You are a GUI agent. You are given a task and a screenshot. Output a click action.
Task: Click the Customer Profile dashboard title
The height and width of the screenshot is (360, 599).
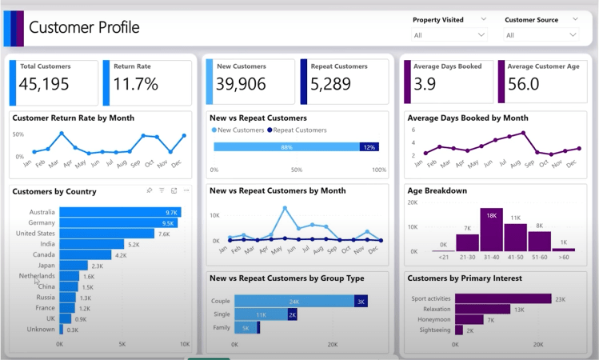pyautogui.click(x=84, y=27)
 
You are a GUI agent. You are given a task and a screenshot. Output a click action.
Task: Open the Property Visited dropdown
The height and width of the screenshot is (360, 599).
pyautogui.click(x=449, y=35)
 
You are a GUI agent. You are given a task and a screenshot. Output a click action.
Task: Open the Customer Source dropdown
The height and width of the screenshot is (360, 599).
pyautogui.click(x=541, y=35)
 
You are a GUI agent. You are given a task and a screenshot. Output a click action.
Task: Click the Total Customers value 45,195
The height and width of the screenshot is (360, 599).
pyautogui.click(x=45, y=85)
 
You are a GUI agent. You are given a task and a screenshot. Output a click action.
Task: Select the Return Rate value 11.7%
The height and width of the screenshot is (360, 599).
pyautogui.click(x=135, y=85)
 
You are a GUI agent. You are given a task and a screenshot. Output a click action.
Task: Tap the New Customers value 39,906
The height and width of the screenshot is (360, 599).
pyautogui.click(x=251, y=85)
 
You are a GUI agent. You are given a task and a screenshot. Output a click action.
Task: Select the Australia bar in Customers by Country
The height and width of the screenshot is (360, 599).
pyautogui.click(x=120, y=212)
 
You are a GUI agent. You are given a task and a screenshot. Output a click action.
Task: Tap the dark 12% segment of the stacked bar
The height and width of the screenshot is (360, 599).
pyautogui.click(x=369, y=146)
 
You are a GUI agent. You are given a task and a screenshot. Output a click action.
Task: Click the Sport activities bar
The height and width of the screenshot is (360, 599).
pyautogui.click(x=503, y=298)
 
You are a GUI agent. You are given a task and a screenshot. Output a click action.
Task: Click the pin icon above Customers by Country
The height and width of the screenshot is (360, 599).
pyautogui.click(x=150, y=190)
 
